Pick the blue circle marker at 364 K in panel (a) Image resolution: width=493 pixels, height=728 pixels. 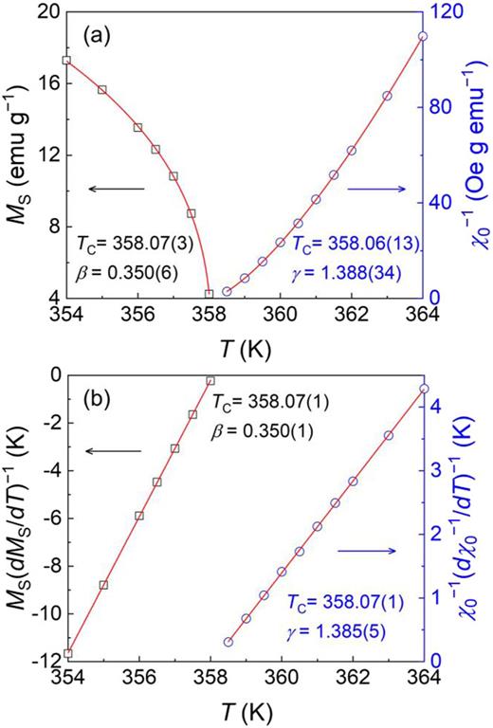(x=423, y=37)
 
